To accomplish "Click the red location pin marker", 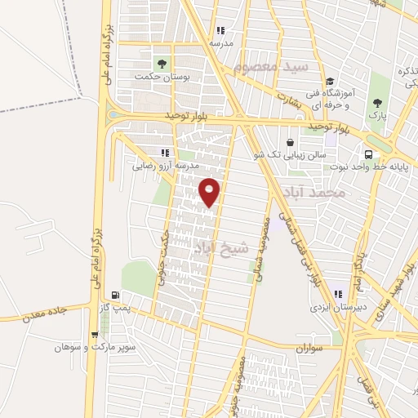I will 210,192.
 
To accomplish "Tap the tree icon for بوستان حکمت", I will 162,63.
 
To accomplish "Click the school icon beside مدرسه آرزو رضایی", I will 165,152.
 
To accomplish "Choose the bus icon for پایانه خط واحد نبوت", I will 369,153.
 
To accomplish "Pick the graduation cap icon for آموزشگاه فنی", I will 330,81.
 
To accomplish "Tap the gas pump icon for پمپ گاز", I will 116,295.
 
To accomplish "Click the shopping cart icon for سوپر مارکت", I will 96,334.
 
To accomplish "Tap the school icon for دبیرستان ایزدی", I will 336,295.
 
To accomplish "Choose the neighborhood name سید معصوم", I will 263,66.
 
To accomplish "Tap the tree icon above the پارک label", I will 377,103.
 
